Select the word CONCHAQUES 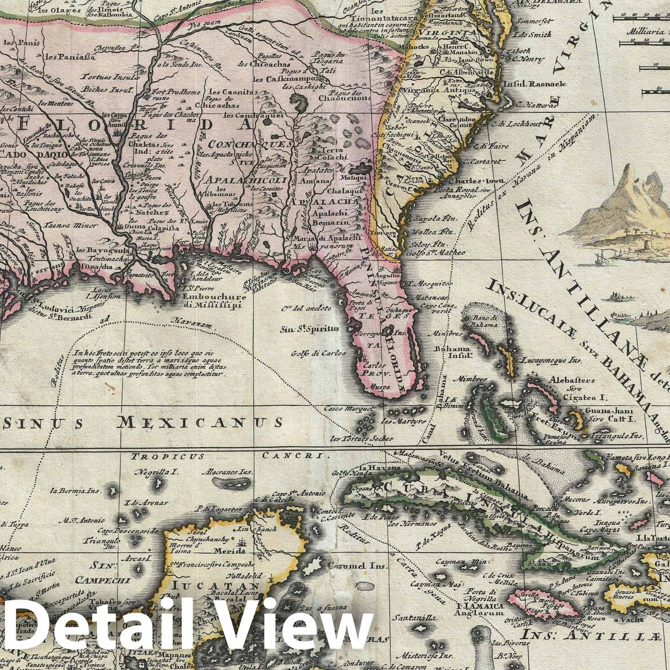tap(250, 145)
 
